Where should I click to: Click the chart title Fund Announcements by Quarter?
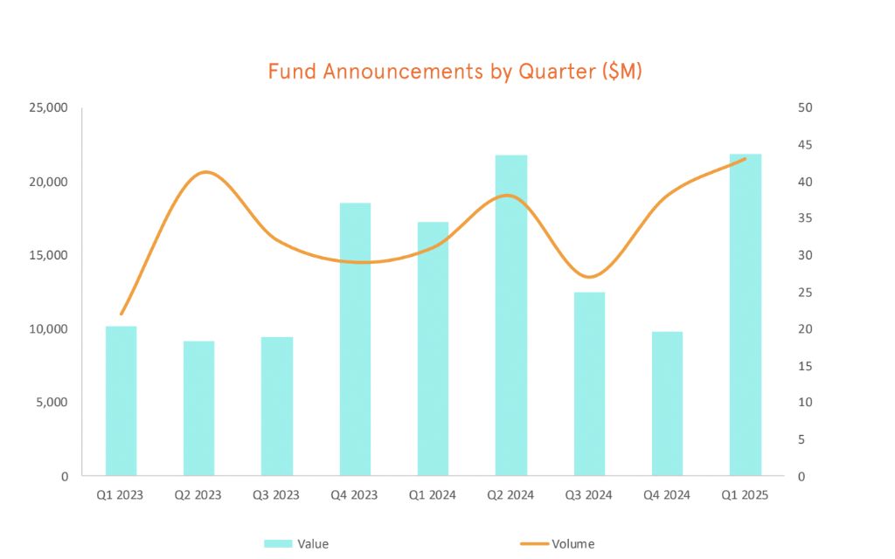[x=454, y=72]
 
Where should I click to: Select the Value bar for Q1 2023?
[x=121, y=401]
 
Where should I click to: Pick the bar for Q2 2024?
[x=511, y=315]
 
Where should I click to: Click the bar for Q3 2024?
[x=589, y=384]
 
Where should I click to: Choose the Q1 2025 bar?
[x=746, y=314]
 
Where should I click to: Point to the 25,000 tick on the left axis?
[x=49, y=108]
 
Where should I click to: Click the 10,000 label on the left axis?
[x=49, y=329]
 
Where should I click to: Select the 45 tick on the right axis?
[x=805, y=145]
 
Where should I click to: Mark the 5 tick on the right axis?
[x=802, y=439]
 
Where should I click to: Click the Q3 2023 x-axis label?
[x=276, y=495]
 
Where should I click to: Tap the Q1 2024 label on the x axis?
[x=433, y=495]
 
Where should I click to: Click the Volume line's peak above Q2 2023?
[x=205, y=172]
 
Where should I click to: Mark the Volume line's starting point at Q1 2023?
[x=121, y=314]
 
